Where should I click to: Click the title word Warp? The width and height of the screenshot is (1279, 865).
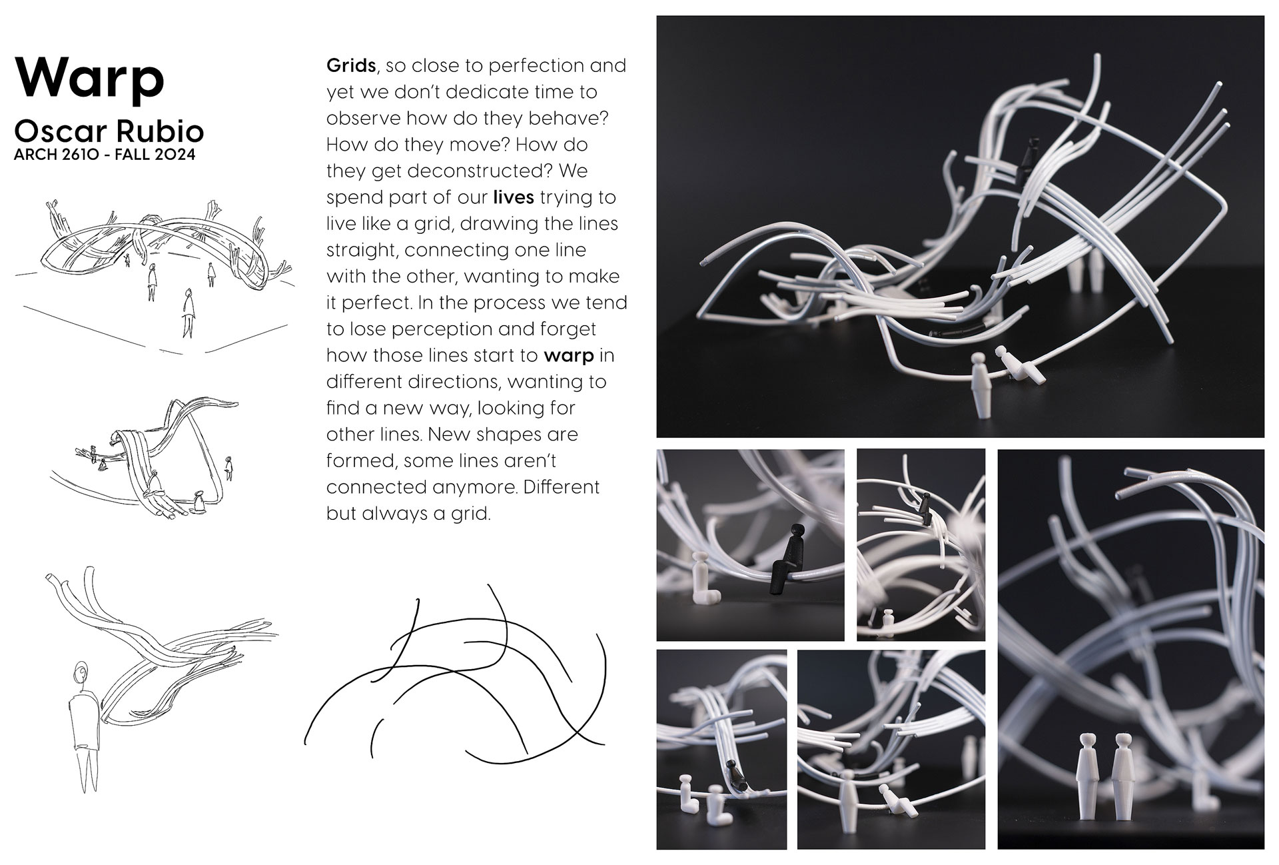pos(89,79)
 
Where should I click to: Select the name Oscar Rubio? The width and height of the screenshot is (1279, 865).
pos(109,131)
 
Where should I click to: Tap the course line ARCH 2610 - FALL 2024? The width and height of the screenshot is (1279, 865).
pos(105,155)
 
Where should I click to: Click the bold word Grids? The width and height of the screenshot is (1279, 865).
pos(351,65)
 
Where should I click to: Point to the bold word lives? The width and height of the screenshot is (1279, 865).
pos(514,197)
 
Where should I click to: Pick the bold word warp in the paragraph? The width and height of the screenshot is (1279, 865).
pos(568,356)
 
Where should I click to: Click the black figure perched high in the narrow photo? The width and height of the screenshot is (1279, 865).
pos(925,506)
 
